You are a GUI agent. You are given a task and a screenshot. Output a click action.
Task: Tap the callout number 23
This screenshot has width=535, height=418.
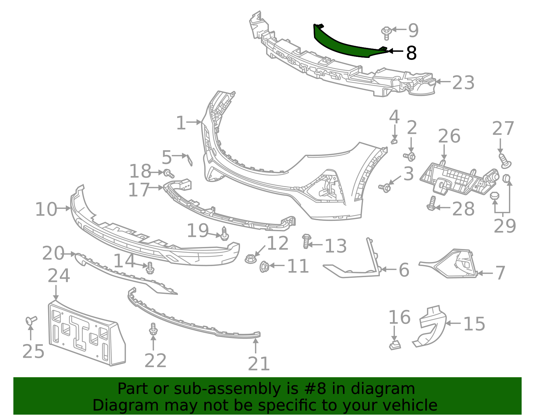(463, 83)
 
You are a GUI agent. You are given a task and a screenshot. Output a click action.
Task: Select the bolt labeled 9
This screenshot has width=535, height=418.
(386, 32)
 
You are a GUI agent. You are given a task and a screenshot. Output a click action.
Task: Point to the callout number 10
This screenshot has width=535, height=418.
(46, 210)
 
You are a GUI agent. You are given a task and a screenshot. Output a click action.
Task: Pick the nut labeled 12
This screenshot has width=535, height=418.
(250, 258)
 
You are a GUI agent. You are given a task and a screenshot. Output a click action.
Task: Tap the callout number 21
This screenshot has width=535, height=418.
(258, 364)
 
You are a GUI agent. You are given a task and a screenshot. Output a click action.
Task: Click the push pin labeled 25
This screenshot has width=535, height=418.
(31, 321)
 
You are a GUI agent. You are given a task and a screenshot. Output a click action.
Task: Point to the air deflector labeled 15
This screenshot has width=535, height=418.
(431, 326)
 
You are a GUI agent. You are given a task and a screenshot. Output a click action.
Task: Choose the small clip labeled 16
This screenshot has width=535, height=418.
(395, 345)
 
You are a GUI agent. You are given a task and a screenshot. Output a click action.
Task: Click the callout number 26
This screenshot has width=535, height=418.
(449, 137)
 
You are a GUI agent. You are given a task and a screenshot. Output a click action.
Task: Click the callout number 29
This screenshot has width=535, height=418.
(505, 226)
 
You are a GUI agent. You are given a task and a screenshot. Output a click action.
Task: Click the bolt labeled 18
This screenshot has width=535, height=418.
(169, 173)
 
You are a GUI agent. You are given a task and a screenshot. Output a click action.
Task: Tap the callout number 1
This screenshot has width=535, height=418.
(181, 123)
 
